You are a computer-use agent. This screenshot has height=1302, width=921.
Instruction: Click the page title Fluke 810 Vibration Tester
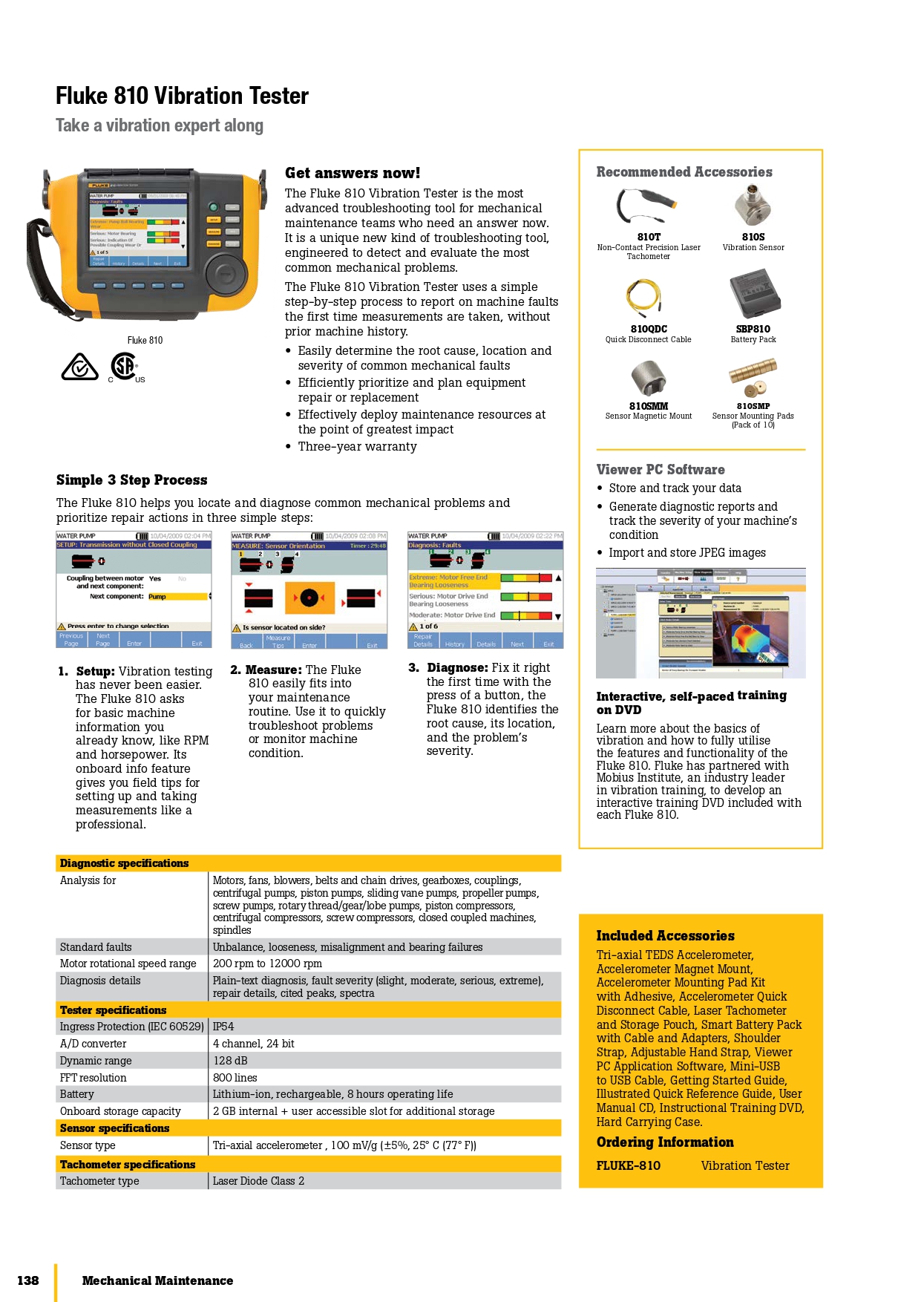[182, 96]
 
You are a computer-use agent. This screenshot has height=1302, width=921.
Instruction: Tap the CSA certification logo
[125, 366]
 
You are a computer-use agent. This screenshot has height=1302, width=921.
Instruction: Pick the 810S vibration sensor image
[753, 205]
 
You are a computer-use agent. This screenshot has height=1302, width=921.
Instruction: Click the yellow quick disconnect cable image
[643, 296]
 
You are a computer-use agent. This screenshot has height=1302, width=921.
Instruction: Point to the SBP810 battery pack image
[754, 295]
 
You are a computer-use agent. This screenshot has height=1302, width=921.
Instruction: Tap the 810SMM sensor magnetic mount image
[648, 377]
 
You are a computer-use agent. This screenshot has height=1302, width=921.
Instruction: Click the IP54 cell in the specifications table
[223, 1027]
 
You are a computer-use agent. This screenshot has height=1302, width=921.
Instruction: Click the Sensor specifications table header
[115, 1128]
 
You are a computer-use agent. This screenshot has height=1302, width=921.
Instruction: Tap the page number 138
[28, 1280]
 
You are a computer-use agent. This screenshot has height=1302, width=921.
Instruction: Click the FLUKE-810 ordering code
[628, 1166]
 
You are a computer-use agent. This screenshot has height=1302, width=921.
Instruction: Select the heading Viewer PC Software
[661, 470]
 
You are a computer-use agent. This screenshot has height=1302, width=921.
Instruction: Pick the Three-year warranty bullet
[357, 447]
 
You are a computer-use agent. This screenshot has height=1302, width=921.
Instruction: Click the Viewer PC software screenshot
[701, 624]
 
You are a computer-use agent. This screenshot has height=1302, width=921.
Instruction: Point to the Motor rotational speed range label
[128, 964]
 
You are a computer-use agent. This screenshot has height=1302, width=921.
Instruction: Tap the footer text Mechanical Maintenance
[157, 1280]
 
